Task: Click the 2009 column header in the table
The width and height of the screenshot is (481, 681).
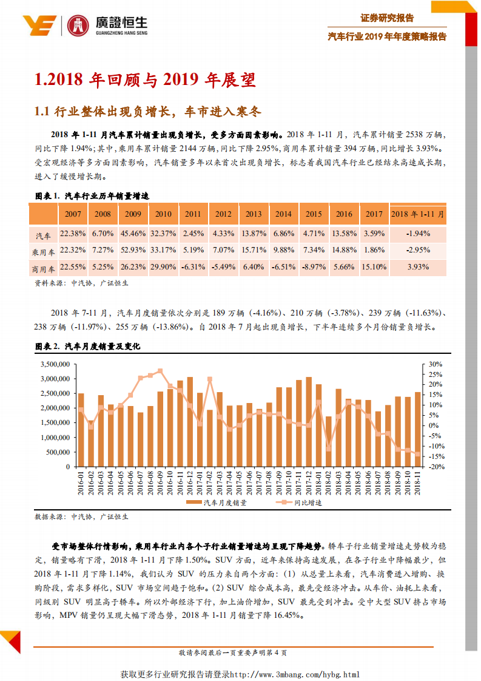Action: (x=133, y=214)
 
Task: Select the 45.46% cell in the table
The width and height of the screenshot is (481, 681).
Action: (x=133, y=233)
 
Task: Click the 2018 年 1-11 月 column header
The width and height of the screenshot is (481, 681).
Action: (x=418, y=214)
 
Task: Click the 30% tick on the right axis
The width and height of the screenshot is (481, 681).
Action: (x=436, y=364)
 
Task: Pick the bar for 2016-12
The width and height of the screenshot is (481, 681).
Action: (x=190, y=422)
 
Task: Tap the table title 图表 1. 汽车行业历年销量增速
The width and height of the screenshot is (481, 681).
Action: (x=92, y=195)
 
